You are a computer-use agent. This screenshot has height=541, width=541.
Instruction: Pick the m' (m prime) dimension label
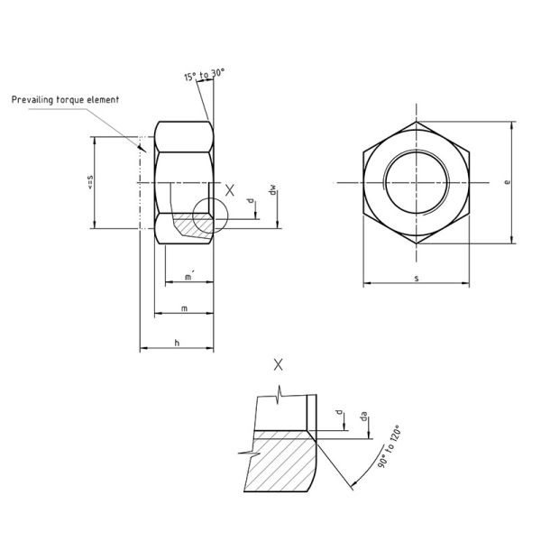[188, 278]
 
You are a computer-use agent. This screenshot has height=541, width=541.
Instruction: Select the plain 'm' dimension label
[184, 308]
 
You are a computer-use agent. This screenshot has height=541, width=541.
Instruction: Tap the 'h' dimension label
[177, 344]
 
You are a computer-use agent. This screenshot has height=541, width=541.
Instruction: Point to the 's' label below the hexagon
[416, 280]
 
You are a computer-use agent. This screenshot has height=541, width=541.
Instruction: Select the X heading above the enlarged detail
[278, 364]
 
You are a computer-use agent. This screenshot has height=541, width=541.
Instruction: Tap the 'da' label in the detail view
[363, 417]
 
